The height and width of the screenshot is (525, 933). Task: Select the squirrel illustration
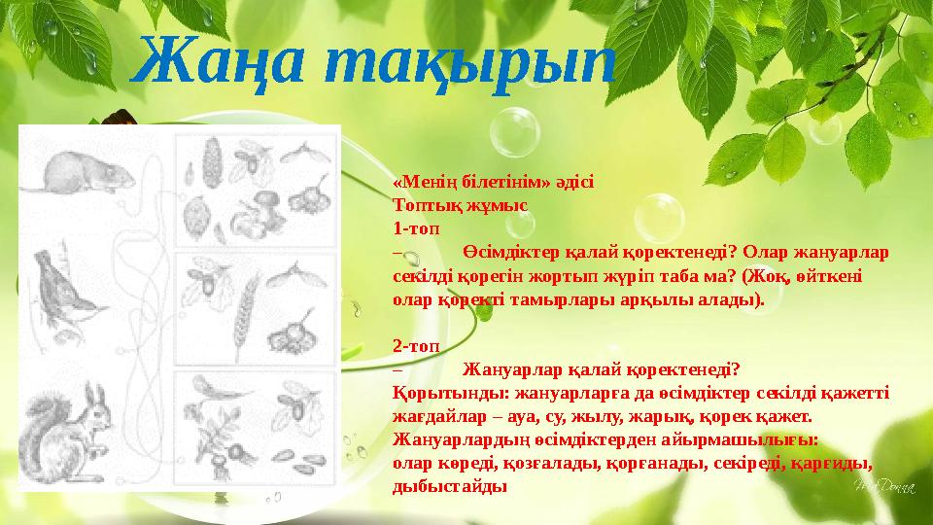click(68, 428)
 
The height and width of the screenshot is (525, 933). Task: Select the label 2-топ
click(415, 345)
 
